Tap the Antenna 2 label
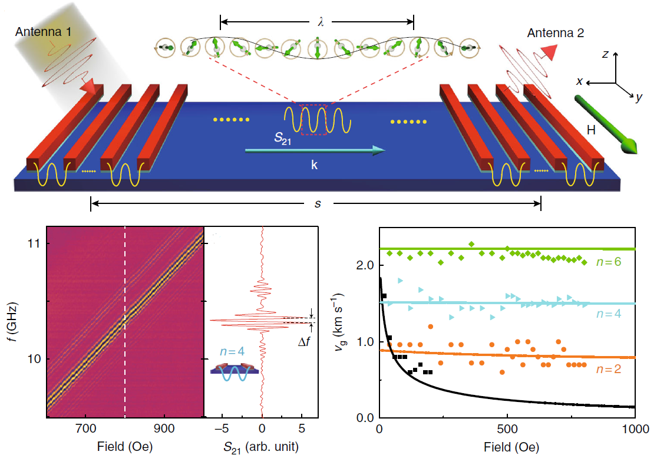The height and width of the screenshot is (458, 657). coord(556,34)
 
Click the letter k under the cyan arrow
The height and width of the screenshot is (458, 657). coord(314,166)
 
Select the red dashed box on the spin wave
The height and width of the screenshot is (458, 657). coord(314,119)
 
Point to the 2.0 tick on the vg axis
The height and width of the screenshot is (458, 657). coord(364,265)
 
